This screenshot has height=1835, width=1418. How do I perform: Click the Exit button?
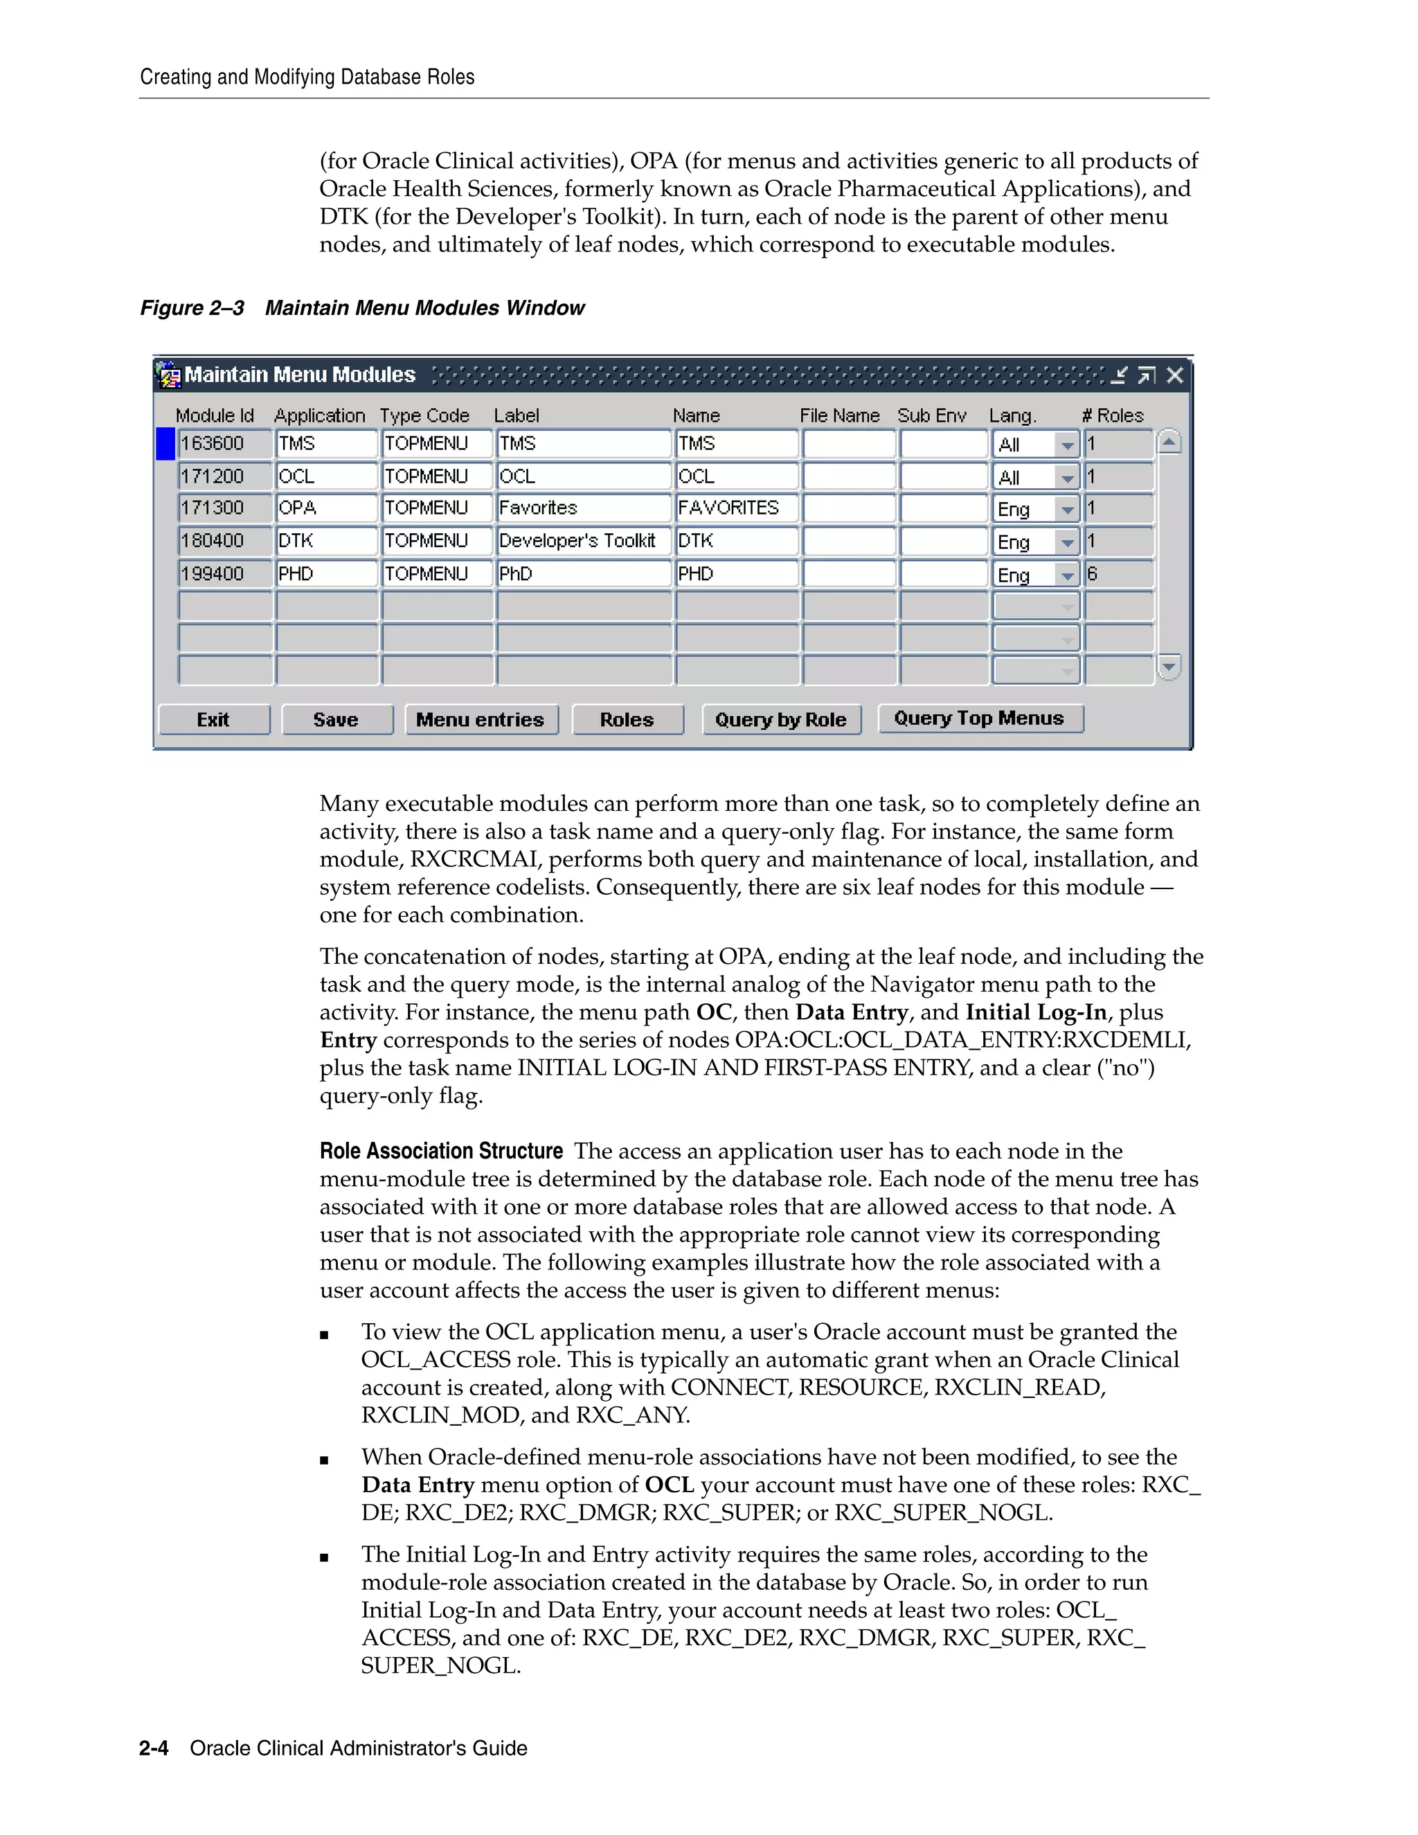coord(213,719)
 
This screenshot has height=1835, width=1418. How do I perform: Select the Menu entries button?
coord(481,719)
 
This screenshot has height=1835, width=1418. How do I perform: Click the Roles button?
coord(627,719)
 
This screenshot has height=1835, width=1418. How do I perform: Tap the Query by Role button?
coord(780,719)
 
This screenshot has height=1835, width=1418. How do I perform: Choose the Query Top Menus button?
coord(980,717)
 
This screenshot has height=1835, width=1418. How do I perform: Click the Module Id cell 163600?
coord(224,444)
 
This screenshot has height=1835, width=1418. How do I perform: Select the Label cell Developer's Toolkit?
coord(583,540)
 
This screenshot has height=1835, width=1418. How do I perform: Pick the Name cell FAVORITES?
coord(735,508)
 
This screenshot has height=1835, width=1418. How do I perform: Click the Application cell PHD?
coord(326,573)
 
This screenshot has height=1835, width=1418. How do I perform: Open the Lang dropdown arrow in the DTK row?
coord(1067,543)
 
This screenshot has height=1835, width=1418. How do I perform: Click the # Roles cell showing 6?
coord(1118,574)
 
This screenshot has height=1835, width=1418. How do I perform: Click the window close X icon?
coord(1174,375)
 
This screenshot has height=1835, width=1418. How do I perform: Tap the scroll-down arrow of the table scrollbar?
coord(1169,667)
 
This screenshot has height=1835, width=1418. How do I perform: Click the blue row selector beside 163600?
coord(165,444)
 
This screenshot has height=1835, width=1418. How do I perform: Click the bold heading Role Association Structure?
coord(441,1151)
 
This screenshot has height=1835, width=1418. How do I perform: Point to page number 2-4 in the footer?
coord(154,1748)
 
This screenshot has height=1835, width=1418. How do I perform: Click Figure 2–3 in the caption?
coord(192,307)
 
